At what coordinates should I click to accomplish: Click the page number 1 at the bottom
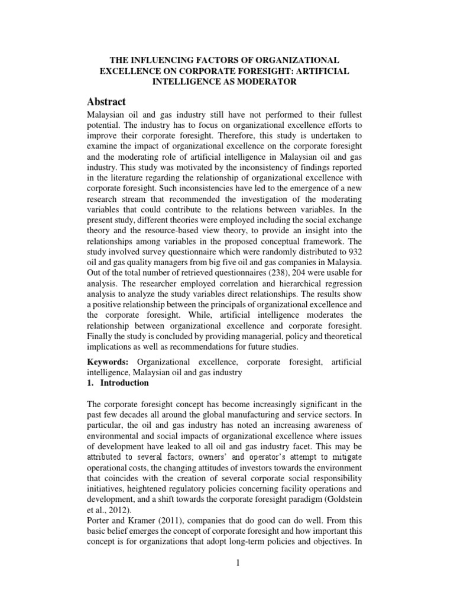click(237, 562)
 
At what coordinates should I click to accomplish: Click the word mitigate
click(345, 458)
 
